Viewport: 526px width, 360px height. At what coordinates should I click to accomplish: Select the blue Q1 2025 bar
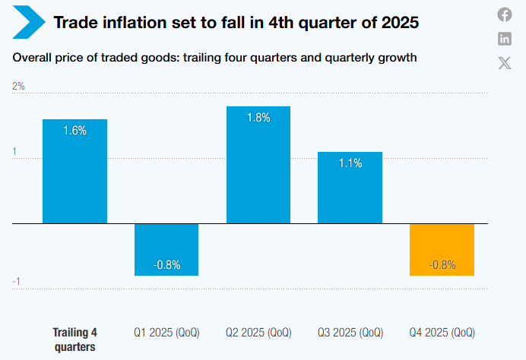[166, 243]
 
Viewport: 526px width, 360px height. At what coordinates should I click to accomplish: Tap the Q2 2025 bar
[258, 171]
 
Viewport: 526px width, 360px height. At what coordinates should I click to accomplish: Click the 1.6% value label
[74, 131]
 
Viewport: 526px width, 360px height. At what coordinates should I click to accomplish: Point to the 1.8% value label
[258, 118]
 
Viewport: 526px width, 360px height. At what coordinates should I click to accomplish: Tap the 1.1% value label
[350, 163]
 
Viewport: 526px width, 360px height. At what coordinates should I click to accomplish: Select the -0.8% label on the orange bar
[442, 265]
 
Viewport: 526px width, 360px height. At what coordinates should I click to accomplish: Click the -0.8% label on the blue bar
[166, 265]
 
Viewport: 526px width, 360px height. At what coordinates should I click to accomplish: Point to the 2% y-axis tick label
[18, 87]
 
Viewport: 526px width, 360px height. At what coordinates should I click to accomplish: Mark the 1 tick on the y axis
[14, 152]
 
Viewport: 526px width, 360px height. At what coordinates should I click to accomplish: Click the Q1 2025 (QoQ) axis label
[166, 333]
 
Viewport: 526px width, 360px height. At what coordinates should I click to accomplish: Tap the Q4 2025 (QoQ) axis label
[442, 333]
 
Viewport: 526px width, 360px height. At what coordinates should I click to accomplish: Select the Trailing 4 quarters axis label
[74, 339]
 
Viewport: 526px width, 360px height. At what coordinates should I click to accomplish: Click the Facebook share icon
[505, 14]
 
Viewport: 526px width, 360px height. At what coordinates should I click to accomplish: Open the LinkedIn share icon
[505, 39]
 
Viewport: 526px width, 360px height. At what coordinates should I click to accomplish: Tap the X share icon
[505, 63]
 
